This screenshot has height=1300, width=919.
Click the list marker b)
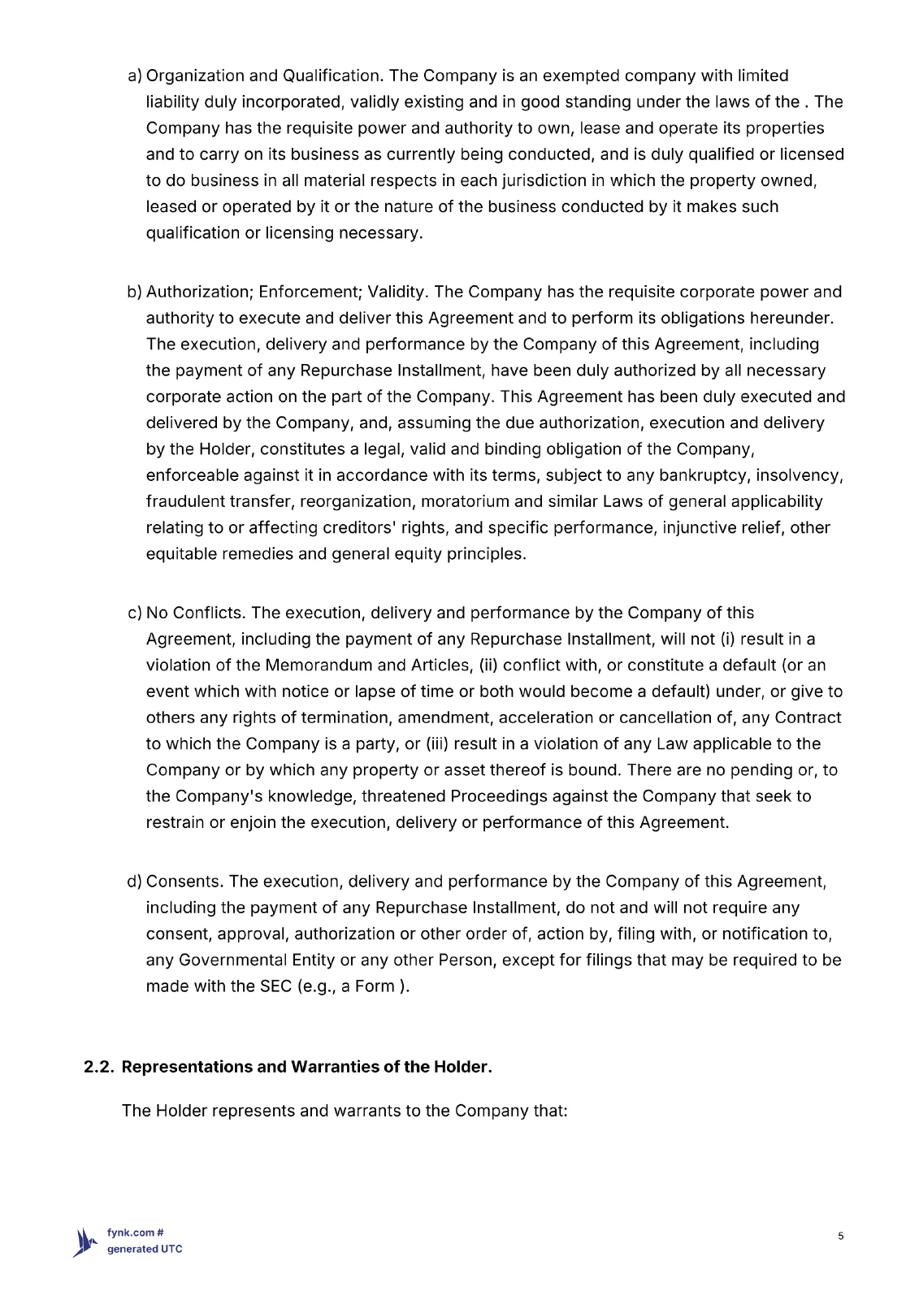pyautogui.click(x=135, y=292)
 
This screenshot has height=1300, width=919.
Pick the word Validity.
pyautogui.click(x=398, y=292)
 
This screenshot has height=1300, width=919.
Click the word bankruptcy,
pyautogui.click(x=704, y=475)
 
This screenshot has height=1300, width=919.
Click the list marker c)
pyautogui.click(x=135, y=613)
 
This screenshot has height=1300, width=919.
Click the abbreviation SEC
pyautogui.click(x=275, y=986)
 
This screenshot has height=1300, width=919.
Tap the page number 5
pyautogui.click(x=841, y=1237)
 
